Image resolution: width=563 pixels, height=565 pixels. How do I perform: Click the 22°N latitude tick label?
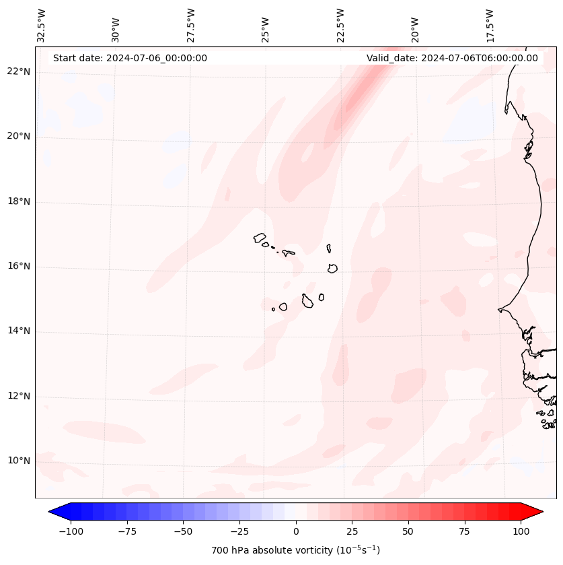click(x=18, y=72)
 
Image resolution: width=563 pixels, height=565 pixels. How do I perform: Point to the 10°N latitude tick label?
click(x=18, y=461)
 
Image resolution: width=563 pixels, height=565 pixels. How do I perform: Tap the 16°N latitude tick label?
click(x=18, y=267)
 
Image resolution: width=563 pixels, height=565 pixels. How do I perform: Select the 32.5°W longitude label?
click(x=42, y=26)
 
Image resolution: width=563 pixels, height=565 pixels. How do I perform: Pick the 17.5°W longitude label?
click(x=490, y=26)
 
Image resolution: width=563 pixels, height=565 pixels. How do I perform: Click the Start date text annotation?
click(x=130, y=58)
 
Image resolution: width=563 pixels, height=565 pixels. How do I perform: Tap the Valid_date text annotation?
click(x=452, y=58)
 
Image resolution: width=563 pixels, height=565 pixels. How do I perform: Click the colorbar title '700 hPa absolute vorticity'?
click(x=296, y=550)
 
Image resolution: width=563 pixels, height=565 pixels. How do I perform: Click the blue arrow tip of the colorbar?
click(x=56, y=512)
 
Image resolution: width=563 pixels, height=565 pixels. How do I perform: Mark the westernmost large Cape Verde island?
click(x=260, y=238)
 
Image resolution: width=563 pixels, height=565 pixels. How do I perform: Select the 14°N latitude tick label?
click(x=18, y=331)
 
